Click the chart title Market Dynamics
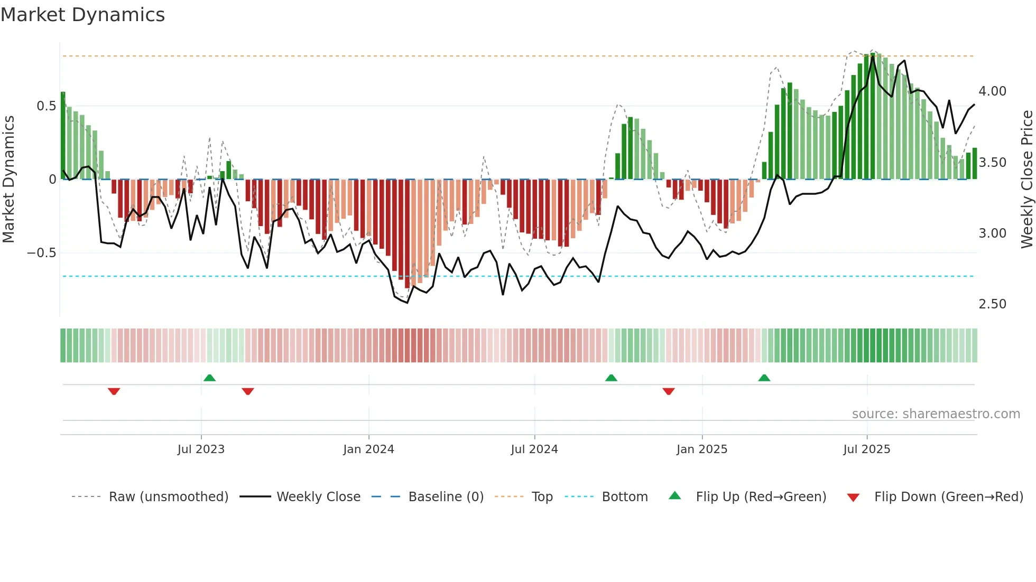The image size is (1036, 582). tap(82, 15)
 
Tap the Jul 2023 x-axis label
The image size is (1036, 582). tap(201, 449)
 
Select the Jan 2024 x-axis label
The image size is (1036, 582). tap(368, 449)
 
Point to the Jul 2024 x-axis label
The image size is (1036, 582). tap(534, 449)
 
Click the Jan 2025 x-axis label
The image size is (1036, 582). tap(701, 449)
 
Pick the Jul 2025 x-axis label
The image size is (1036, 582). tap(866, 449)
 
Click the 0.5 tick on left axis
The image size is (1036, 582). tap(46, 106)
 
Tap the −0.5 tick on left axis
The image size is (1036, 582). tap(41, 253)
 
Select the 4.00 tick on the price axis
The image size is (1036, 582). tap(992, 91)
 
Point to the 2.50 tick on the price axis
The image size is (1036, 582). tap(992, 304)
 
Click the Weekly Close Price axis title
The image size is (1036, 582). tap(1026, 179)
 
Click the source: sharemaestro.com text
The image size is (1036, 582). tap(936, 414)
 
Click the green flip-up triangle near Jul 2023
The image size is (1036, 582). tap(209, 378)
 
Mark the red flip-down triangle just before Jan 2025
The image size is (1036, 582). tap(668, 391)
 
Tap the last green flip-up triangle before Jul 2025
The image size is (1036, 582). tap(764, 378)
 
